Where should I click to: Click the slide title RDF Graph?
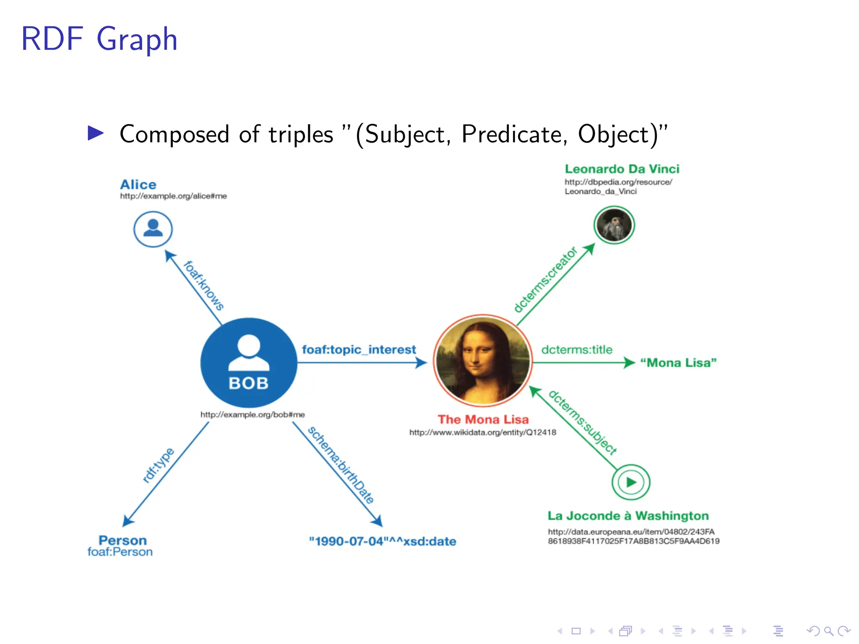click(x=99, y=39)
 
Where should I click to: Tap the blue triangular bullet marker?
click(x=96, y=133)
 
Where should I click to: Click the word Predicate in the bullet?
click(x=514, y=134)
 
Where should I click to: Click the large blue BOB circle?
click(x=249, y=363)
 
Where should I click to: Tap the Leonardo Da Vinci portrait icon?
click(x=614, y=225)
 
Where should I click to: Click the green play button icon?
click(x=631, y=482)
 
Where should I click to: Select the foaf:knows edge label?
click(x=203, y=286)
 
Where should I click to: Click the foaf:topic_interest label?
click(x=359, y=350)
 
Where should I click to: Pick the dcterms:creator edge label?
click(x=546, y=279)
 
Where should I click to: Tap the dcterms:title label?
click(x=577, y=350)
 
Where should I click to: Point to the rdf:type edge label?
click(x=158, y=465)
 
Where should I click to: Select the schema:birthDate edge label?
click(x=341, y=465)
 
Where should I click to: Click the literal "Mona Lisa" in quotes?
click(x=678, y=363)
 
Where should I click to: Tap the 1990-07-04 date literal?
click(x=382, y=541)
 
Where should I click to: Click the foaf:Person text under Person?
click(x=120, y=552)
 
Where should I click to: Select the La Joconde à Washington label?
click(x=628, y=516)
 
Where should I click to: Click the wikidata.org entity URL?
click(x=482, y=432)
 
